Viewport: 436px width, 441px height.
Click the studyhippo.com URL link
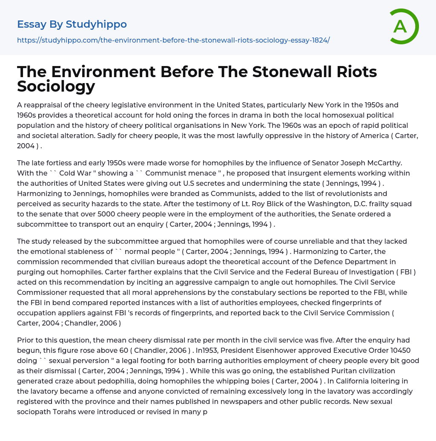173,40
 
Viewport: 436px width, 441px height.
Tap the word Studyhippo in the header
96,24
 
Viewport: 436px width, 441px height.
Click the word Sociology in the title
56,86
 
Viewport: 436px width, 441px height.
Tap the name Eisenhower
281,350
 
